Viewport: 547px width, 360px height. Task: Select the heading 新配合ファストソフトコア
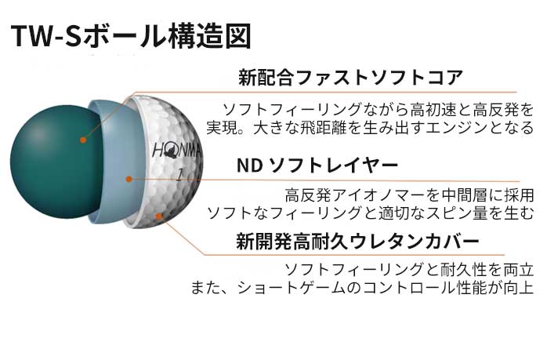(350, 77)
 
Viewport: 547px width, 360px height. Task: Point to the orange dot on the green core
(83, 141)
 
